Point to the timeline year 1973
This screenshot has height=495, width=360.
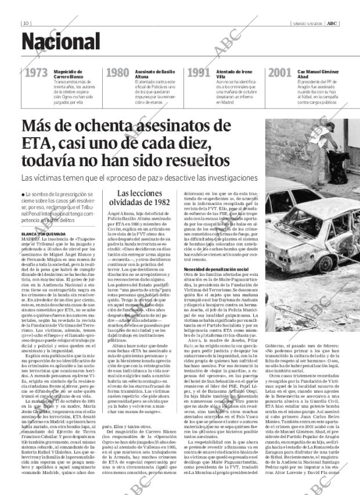pyautogui.click(x=36, y=75)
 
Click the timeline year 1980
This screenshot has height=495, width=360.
pyautogui.click(x=117, y=75)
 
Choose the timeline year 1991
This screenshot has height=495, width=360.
pyautogui.click(x=199, y=75)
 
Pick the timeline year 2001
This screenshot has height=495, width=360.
pyautogui.click(x=280, y=75)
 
